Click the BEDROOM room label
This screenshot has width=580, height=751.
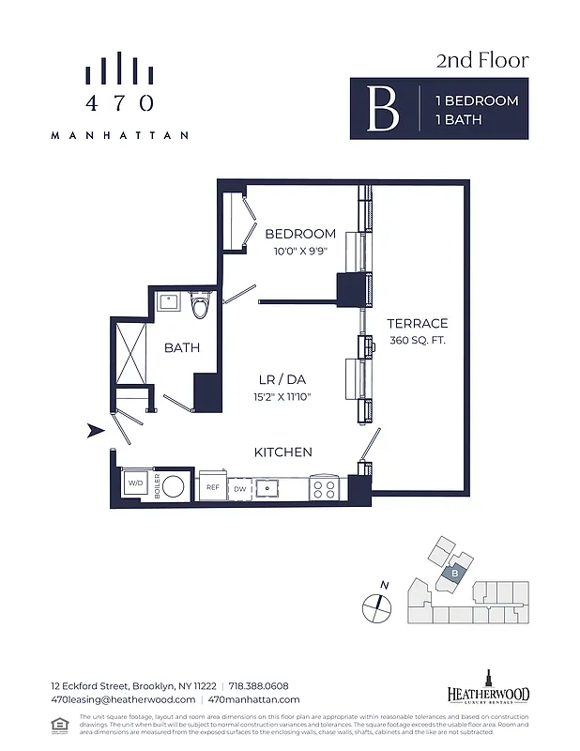pyautogui.click(x=300, y=234)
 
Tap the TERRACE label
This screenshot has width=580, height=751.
pyautogui.click(x=418, y=323)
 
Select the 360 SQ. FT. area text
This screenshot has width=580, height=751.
pyautogui.click(x=418, y=340)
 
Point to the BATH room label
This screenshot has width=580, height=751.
pyautogui.click(x=182, y=347)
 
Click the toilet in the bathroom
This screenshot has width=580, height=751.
pyautogui.click(x=200, y=306)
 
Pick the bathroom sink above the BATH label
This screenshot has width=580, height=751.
pyautogui.click(x=170, y=302)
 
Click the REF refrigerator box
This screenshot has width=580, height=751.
pyautogui.click(x=212, y=487)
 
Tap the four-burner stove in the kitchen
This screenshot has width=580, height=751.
pyautogui.click(x=324, y=488)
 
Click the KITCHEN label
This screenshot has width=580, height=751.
pyautogui.click(x=283, y=452)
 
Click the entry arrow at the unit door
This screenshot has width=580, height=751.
pyautogui.click(x=95, y=431)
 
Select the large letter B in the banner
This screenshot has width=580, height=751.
pyautogui.click(x=382, y=110)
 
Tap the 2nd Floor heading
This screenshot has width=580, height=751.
pyautogui.click(x=482, y=61)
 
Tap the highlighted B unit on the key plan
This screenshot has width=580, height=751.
pyautogui.click(x=454, y=572)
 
